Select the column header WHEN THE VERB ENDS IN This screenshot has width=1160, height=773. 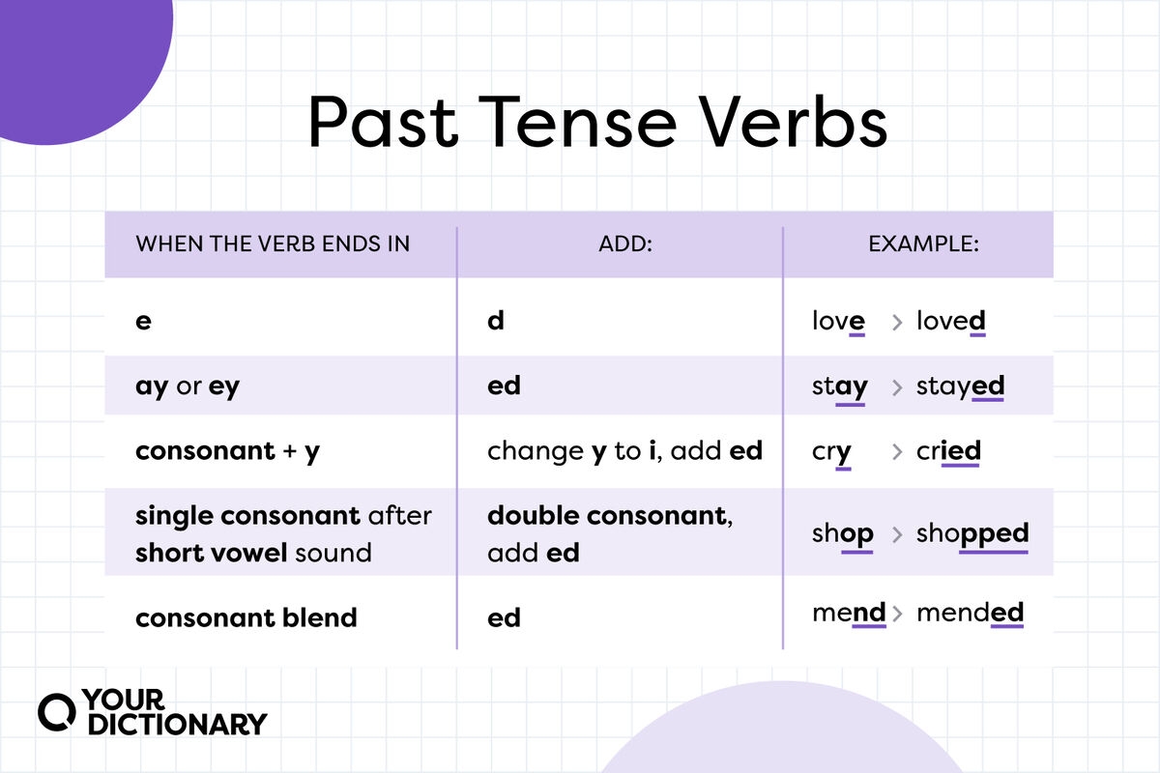273,243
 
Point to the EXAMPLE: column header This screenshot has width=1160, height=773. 923,243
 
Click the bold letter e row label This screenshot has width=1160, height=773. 143,321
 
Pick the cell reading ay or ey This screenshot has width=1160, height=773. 188,386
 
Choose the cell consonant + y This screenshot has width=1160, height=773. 227,450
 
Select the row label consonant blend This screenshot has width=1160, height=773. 246,617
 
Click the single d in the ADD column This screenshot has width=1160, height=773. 496,321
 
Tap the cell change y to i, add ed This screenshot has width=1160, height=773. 624,450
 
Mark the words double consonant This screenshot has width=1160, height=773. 606,515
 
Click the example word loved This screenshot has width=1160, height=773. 950,321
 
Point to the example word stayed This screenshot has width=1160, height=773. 960,386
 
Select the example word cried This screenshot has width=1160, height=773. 948,450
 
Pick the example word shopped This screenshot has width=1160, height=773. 971,533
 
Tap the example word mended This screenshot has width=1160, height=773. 970,612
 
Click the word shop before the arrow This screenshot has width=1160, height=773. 842,533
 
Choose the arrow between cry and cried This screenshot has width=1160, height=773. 896,451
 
